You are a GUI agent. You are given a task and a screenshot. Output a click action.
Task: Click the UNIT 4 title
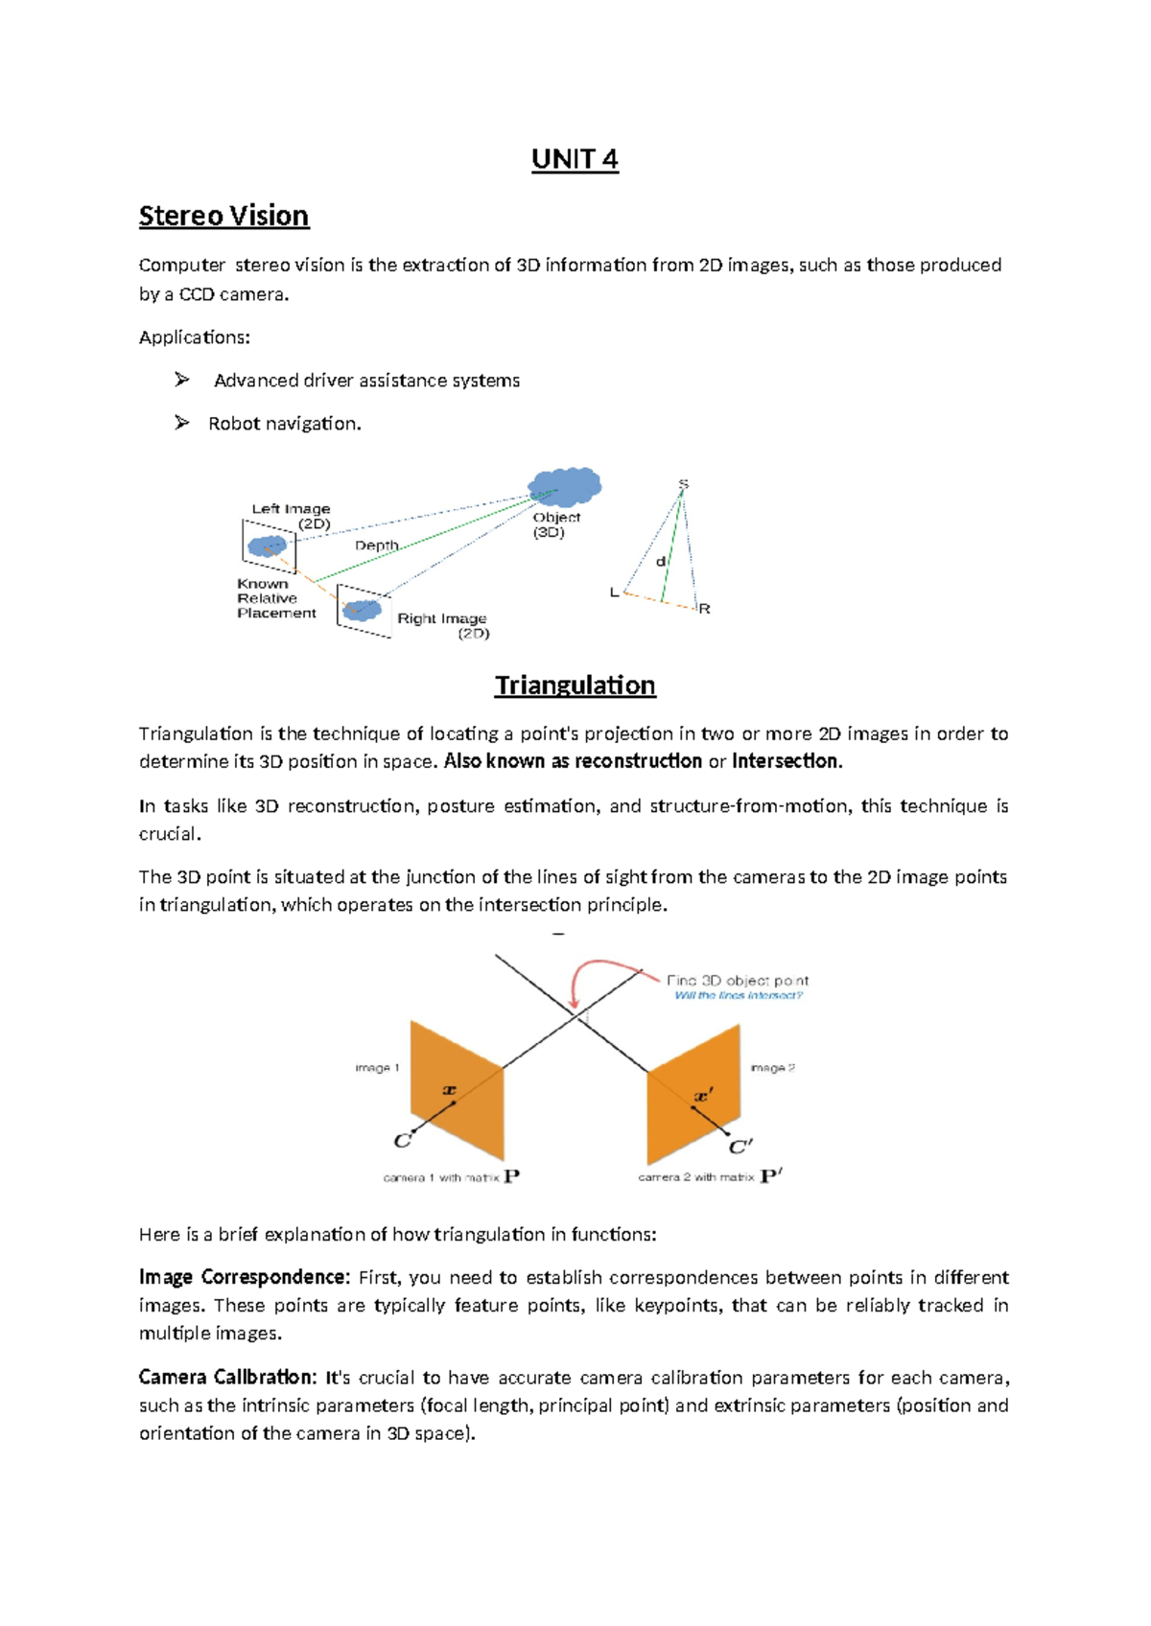575,159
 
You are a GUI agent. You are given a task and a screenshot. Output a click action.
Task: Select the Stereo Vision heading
223,216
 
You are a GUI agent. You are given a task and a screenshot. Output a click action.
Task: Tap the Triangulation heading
575,685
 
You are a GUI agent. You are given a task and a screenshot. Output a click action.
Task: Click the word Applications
194,337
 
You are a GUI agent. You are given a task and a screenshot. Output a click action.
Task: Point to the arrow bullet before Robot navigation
181,423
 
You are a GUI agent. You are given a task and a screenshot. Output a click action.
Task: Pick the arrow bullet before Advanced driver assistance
181,381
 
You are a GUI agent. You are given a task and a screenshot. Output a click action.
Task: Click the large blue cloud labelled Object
564,486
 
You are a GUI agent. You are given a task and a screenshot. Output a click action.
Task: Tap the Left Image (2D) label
292,516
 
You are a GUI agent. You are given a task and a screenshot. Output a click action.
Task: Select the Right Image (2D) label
443,625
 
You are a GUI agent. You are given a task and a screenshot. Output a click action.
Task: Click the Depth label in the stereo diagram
376,546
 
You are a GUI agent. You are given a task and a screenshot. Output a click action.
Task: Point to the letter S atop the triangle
683,484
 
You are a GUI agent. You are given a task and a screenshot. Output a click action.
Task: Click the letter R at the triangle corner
705,609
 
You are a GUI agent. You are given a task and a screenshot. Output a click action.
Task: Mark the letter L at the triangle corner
615,592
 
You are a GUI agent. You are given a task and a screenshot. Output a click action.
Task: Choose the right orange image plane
693,1093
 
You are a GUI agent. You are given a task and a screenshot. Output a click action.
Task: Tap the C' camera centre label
740,1147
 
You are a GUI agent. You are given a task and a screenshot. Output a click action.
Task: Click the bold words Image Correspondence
244,1278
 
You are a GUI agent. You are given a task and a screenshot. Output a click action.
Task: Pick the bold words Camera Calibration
227,1378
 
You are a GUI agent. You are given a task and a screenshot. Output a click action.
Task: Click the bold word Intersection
786,761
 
